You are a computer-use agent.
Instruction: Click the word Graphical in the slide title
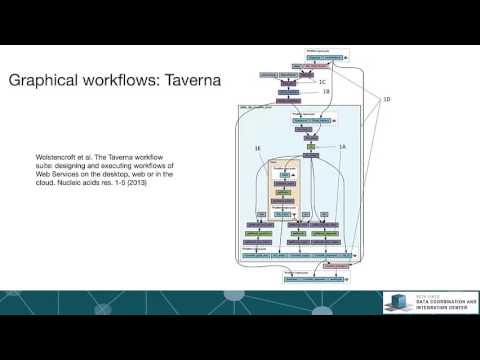(48, 79)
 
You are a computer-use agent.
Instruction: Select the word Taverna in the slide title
(189, 79)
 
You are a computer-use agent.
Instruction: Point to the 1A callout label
(342, 146)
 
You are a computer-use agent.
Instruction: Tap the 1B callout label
(326, 91)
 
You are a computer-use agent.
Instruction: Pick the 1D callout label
(388, 99)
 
